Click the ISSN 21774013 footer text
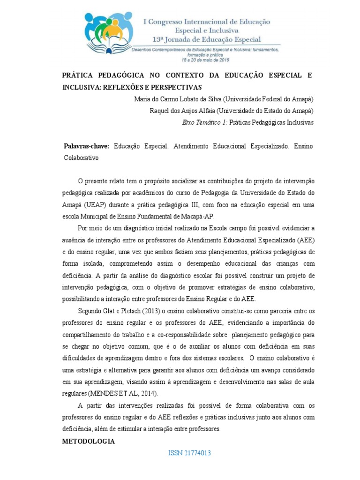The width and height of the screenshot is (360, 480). (189, 453)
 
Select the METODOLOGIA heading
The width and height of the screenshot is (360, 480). (89, 442)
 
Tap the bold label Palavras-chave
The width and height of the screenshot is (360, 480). (86, 146)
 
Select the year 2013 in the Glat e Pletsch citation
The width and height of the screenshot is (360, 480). (137, 311)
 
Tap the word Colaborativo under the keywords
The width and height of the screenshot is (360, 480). (81, 158)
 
